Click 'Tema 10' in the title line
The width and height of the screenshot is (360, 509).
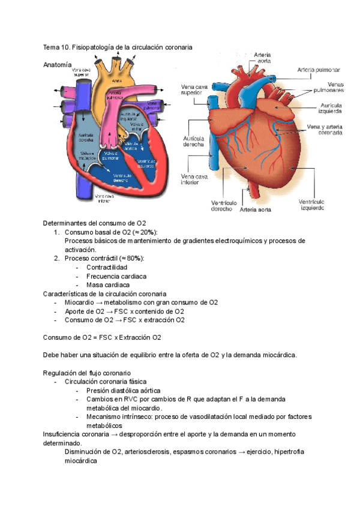(56, 47)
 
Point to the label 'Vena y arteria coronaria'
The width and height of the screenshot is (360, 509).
(325, 130)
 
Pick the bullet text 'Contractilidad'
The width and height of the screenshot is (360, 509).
(107, 267)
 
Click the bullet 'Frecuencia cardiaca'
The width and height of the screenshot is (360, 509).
(116, 276)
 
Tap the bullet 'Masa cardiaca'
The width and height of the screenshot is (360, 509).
(108, 285)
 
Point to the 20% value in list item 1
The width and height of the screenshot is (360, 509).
(148, 232)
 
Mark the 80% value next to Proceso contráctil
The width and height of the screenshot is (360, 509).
(135, 258)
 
